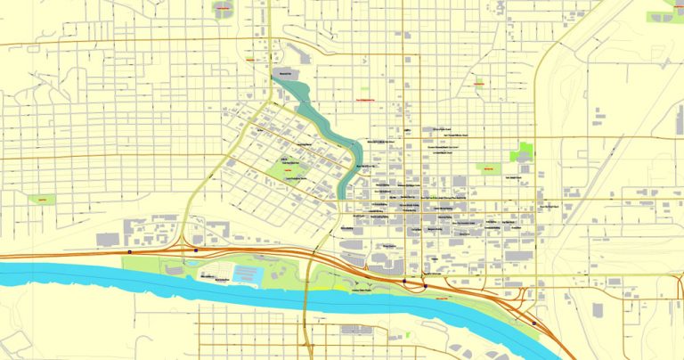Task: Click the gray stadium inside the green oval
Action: tap(222, 10)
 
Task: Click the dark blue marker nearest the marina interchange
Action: tap(195, 250)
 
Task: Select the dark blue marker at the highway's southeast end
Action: tap(534, 323)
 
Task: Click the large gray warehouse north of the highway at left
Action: tap(108, 239)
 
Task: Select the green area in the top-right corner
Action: tap(666, 12)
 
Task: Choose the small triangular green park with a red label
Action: tap(487, 168)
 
